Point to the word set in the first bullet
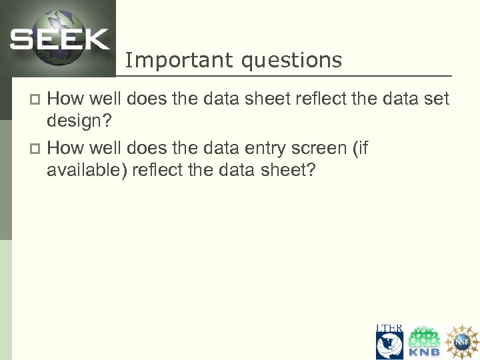pyautogui.click(x=436, y=100)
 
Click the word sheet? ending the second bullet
pyautogui.click(x=286, y=171)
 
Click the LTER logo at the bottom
pyautogui.click(x=389, y=341)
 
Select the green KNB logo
pyautogui.click(x=424, y=342)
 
